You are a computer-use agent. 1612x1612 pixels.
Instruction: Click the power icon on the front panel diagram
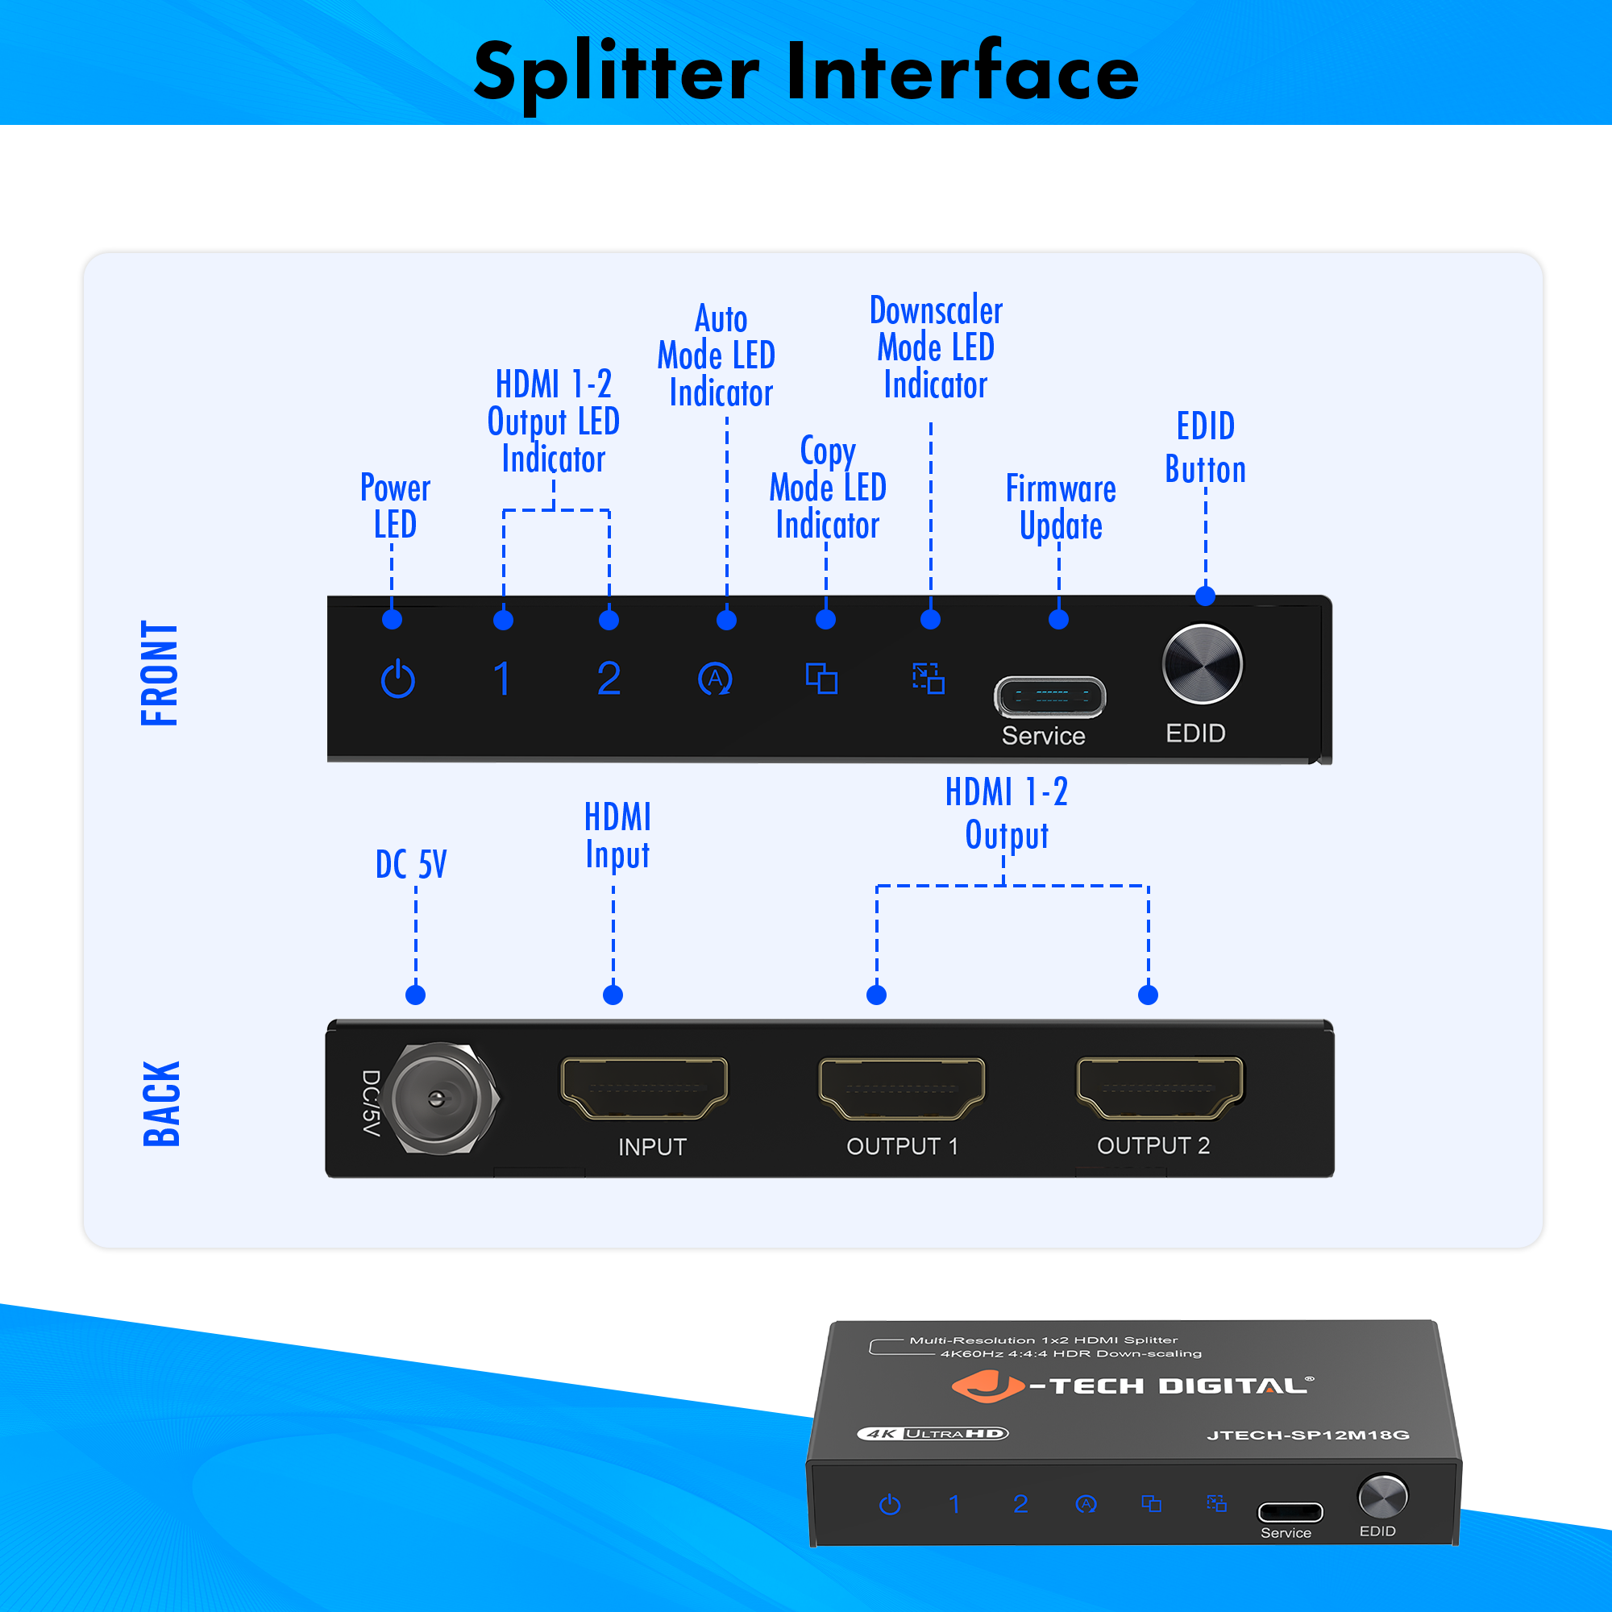coord(398,679)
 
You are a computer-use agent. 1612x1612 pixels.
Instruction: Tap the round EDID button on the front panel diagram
coord(1203,664)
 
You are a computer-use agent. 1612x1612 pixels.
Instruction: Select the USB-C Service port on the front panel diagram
coord(1049,696)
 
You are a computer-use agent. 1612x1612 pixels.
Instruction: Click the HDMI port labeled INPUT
coord(645,1088)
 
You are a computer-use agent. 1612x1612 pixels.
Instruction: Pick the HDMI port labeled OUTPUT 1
coord(902,1088)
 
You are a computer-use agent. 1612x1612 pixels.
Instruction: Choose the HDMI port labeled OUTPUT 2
coord(1160,1088)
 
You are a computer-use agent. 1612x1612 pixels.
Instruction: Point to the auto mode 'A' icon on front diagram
coord(715,679)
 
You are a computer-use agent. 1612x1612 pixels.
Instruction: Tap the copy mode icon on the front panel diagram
coord(822,679)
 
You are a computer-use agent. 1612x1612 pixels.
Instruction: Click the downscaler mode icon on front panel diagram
coord(929,679)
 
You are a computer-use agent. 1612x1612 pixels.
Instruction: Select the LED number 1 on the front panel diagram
coord(502,679)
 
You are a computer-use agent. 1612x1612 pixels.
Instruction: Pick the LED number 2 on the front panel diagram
coord(609,679)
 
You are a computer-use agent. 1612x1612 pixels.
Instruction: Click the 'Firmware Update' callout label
coord(1061,507)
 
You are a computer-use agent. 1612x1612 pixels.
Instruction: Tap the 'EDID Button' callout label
coord(1206,448)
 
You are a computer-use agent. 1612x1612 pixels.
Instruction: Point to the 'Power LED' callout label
coord(396,506)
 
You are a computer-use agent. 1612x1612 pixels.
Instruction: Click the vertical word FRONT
coord(160,673)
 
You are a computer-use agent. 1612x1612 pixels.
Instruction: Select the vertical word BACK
coord(161,1104)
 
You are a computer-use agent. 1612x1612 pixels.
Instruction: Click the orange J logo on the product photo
coord(987,1386)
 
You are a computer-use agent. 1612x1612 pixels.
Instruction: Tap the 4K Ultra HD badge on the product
coord(933,1433)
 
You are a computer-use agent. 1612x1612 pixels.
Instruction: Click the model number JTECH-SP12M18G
coord(1308,1435)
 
